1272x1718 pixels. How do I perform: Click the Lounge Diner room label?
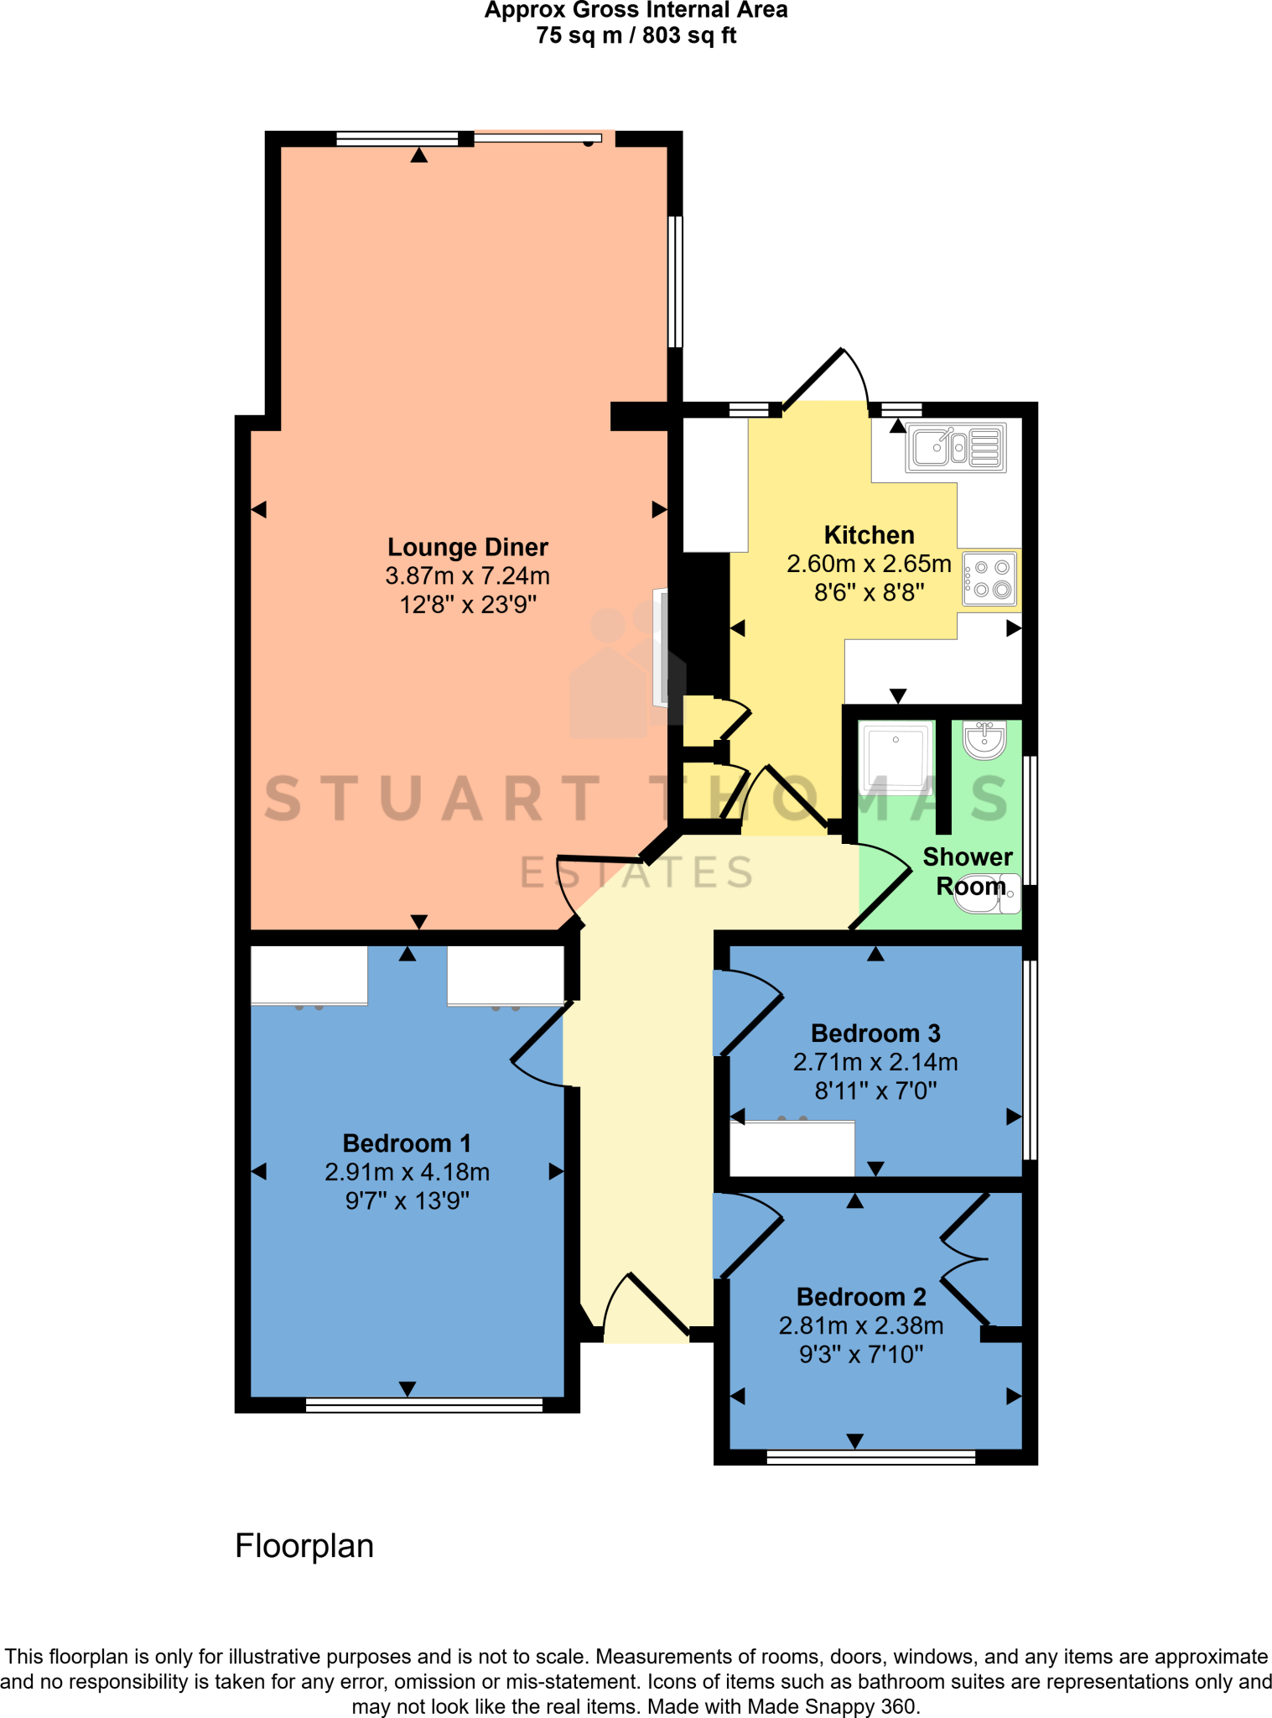click(467, 547)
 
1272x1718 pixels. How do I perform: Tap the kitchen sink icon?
click(956, 447)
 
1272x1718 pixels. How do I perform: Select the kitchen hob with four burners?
click(989, 578)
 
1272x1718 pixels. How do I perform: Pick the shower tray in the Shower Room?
click(896, 756)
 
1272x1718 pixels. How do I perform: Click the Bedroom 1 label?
click(407, 1143)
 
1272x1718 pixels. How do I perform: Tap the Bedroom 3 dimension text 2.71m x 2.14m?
click(875, 1062)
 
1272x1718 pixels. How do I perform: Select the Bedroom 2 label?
click(861, 1297)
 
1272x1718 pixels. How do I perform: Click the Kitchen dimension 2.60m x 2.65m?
click(869, 564)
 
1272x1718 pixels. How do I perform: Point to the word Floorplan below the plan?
click(304, 1546)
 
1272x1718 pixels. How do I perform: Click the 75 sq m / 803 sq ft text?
click(636, 35)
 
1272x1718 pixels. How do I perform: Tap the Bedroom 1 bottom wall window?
click(424, 1405)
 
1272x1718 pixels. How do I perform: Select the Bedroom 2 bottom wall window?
click(871, 1458)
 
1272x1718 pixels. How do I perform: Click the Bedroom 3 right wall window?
click(1031, 1059)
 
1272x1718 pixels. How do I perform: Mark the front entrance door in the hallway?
click(646, 1309)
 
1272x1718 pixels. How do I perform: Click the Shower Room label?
click(968, 872)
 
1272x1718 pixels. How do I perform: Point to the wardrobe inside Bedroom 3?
click(792, 1148)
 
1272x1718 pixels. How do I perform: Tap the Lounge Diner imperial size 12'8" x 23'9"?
click(467, 604)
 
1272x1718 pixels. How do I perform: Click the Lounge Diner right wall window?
click(675, 282)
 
